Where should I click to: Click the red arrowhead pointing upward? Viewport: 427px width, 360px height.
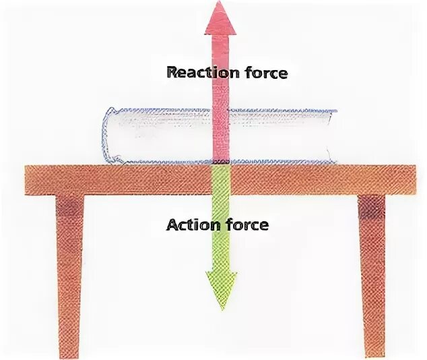220,18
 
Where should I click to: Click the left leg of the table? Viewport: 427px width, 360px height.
69,270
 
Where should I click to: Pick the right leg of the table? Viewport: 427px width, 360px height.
372,270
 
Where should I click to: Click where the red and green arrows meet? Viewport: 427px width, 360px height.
221,164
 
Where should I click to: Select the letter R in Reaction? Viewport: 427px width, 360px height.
172,72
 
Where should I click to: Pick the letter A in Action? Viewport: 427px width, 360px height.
172,224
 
